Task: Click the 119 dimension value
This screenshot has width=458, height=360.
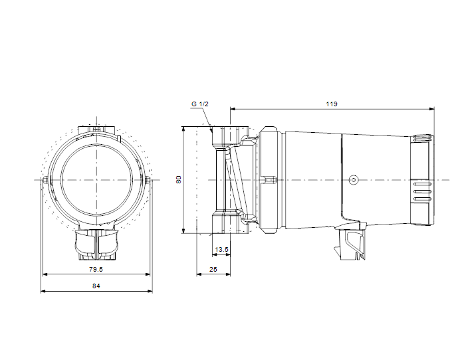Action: point(332,104)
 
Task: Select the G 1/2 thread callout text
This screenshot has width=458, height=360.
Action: point(200,104)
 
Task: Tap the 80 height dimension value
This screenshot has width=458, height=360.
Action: point(179,179)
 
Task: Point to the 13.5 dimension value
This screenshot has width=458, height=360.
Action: point(221,250)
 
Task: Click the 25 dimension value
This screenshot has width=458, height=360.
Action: point(213,269)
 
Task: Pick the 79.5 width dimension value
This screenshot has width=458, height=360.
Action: point(96,269)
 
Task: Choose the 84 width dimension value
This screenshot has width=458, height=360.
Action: point(96,286)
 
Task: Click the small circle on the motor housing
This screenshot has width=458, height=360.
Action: point(354,180)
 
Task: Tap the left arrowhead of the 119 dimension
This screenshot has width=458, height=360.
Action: point(233,109)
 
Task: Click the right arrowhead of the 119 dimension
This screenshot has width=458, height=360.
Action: point(431,109)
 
